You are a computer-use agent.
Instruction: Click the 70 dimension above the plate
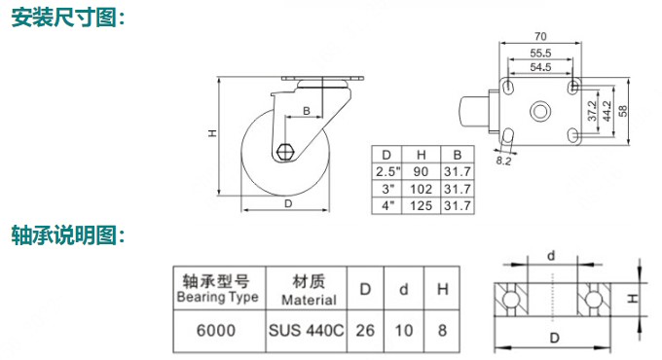540,37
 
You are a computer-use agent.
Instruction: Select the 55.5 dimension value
540,54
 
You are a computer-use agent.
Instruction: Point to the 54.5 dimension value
540,67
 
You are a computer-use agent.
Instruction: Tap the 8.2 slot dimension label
503,161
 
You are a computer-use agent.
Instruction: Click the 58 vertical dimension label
622,111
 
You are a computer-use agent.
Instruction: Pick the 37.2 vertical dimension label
593,111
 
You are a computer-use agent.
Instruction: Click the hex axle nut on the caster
285,152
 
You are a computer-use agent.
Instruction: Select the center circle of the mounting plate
540,112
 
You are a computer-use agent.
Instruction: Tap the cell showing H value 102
421,189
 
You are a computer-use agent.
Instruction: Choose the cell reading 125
421,206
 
